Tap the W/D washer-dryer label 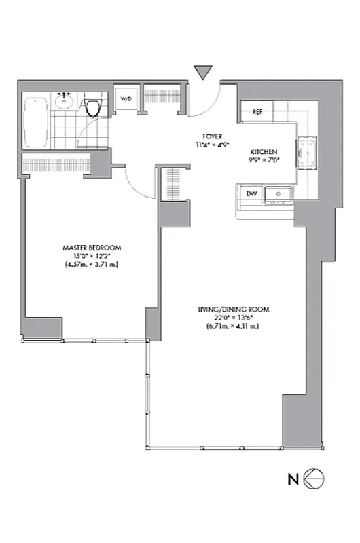[x=126, y=99]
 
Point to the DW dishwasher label [x=252, y=195]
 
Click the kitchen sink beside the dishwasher [x=277, y=195]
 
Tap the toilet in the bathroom [x=94, y=107]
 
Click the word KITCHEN [x=264, y=152]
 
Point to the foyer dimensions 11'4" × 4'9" [x=213, y=145]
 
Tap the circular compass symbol [x=314, y=479]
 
